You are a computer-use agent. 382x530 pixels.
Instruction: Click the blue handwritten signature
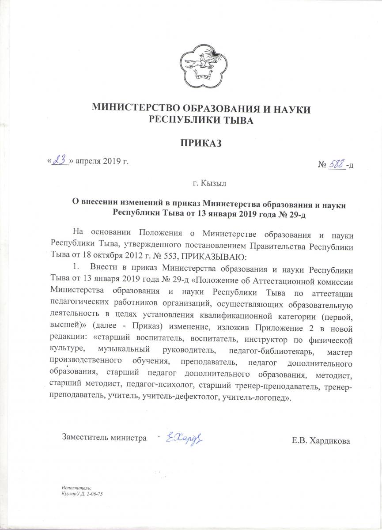[184, 438]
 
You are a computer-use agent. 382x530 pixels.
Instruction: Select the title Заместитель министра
[104, 438]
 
